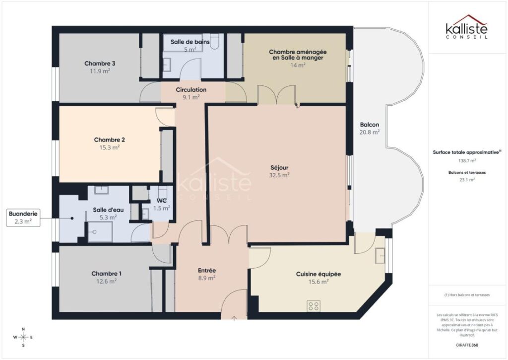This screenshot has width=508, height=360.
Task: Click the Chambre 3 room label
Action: (100, 64)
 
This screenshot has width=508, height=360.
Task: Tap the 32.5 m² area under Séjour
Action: (280, 175)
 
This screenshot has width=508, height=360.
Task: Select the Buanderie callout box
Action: (23, 218)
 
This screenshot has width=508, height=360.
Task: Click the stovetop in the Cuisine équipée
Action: (313, 305)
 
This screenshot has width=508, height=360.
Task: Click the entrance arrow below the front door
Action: (234, 317)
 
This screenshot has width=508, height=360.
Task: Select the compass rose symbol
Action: (23, 338)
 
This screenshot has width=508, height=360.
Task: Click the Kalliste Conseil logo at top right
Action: (466, 27)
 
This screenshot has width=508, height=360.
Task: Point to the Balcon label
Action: (370, 125)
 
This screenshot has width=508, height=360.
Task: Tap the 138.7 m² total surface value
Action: (466, 161)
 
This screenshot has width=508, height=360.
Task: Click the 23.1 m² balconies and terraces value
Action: (466, 180)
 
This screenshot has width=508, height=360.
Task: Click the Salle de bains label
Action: (190, 42)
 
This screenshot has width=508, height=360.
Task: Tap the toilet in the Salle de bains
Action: (215, 40)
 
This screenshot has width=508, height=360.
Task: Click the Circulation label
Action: (191, 90)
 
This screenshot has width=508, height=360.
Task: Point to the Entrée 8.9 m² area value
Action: (207, 278)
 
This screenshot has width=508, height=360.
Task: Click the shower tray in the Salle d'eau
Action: (100, 232)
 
